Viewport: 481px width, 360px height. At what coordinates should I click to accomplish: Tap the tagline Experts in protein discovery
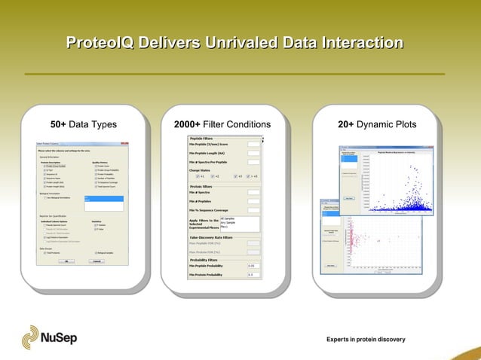click(x=366, y=340)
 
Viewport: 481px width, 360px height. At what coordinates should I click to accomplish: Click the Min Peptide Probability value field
click(x=253, y=266)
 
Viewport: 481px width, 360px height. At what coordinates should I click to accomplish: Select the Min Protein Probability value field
click(x=253, y=275)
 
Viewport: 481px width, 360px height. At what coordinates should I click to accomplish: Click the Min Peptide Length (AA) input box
click(x=253, y=153)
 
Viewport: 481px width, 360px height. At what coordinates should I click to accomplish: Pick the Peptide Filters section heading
click(x=201, y=139)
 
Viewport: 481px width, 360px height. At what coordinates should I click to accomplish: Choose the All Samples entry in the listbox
click(x=229, y=218)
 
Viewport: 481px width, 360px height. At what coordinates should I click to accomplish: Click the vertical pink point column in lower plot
click(x=352, y=241)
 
